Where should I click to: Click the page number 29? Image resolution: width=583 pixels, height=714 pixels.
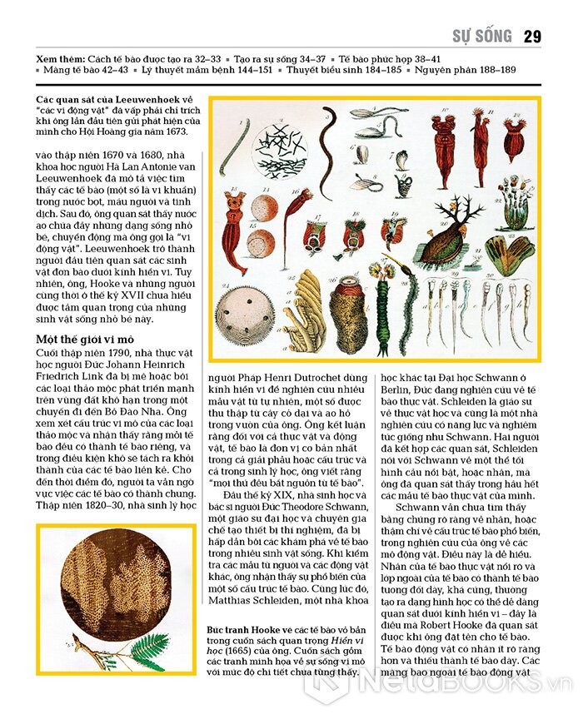[x=532, y=36]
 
